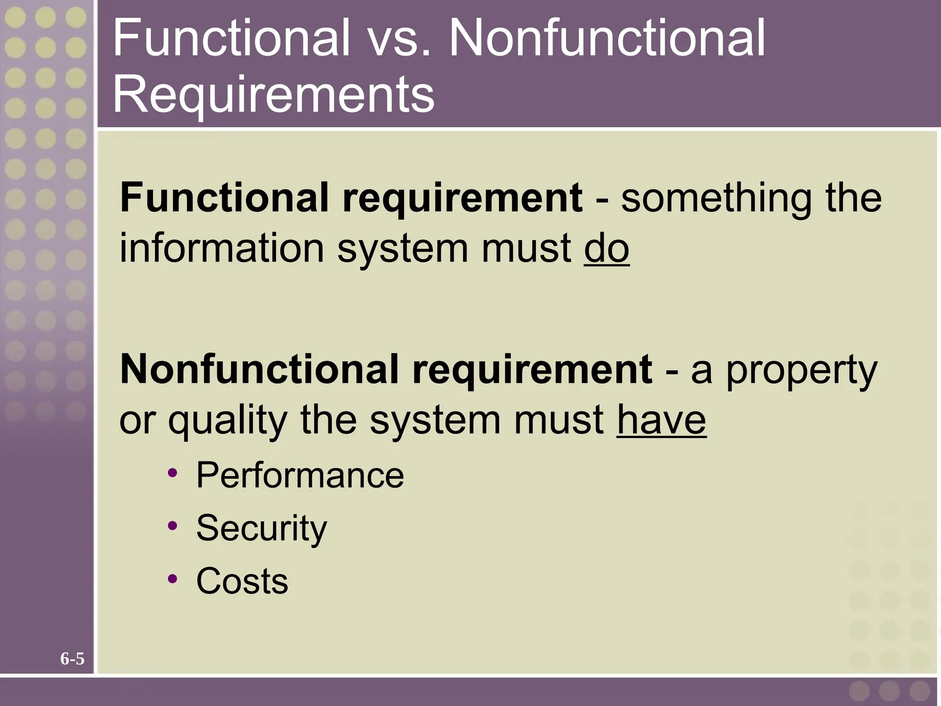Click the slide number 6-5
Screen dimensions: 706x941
tap(73, 659)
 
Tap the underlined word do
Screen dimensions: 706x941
tap(607, 249)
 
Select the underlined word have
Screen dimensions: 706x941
tap(661, 420)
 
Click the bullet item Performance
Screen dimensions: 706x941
tap(300, 475)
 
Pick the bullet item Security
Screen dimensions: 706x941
tap(261, 528)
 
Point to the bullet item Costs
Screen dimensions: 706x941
tap(242, 581)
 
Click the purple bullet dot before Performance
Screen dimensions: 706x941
tap(173, 473)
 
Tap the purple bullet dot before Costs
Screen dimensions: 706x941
tap(173, 579)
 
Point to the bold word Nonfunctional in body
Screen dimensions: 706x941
tap(259, 370)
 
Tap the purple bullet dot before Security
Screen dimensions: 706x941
tap(173, 526)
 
